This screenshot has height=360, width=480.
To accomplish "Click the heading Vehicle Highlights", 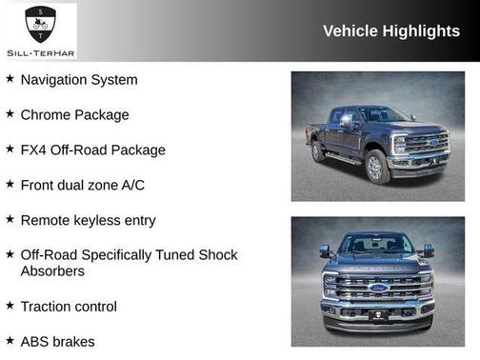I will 390,31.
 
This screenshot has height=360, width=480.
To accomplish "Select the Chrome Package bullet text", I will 74,115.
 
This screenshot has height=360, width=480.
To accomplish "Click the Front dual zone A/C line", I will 83,185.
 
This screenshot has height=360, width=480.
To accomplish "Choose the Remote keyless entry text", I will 88,220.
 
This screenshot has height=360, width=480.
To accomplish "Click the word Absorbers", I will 52,271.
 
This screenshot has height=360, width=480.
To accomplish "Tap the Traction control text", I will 69,307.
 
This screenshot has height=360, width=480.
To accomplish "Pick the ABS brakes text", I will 57,341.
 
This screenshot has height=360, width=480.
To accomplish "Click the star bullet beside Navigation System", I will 10,79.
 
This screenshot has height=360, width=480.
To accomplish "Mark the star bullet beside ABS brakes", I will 10,340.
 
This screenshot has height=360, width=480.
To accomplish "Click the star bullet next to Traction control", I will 10,306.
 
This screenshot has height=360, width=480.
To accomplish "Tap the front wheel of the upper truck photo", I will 376,166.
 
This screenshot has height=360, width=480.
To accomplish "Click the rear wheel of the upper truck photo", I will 318,151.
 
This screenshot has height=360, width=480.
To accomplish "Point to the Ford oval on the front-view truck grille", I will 378,288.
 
